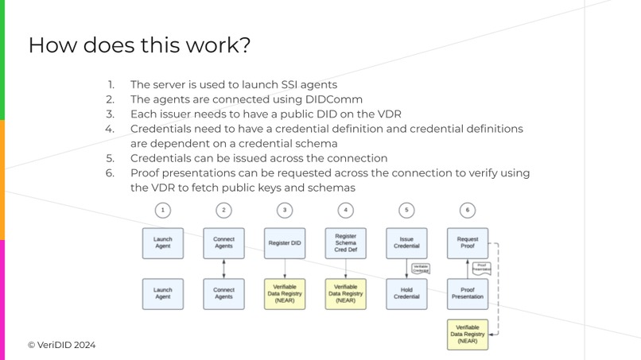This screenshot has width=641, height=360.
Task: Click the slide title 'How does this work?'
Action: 139,45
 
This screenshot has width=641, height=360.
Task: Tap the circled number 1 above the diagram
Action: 163,210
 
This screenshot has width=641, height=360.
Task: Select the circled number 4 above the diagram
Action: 345,210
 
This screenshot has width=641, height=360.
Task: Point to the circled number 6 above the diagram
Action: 467,210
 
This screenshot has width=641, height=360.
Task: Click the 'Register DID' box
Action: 285,242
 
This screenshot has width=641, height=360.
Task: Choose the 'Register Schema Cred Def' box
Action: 345,242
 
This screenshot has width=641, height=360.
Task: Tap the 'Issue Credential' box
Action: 406,242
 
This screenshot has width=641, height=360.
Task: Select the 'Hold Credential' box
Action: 406,293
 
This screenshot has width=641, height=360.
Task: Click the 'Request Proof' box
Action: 467,242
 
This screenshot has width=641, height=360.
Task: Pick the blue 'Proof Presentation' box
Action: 467,293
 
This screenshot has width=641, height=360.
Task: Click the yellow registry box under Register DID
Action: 285,293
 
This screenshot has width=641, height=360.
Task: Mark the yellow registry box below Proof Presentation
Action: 467,335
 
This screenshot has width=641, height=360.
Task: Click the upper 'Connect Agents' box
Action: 223,242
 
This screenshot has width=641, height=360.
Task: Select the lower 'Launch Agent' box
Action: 163,293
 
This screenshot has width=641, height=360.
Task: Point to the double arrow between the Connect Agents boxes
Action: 223,268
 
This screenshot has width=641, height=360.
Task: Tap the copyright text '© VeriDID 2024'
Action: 61,345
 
